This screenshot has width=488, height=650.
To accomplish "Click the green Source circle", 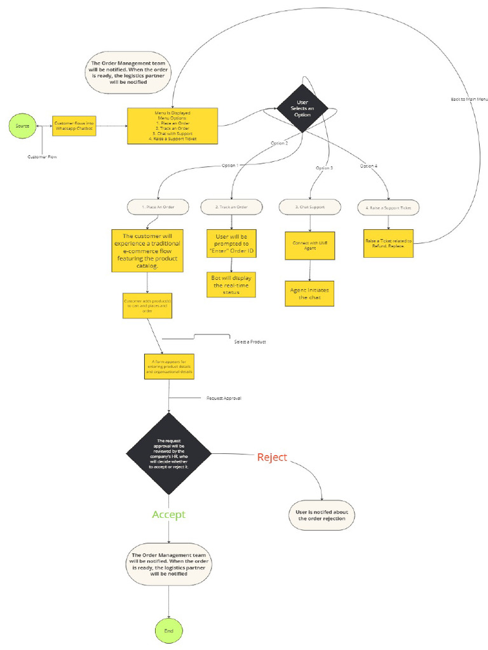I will [x=22, y=126].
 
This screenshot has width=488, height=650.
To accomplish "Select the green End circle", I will [x=168, y=631].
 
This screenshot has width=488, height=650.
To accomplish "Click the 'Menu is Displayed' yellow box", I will [x=172, y=126].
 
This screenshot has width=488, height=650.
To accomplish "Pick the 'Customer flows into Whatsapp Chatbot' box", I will [x=74, y=126].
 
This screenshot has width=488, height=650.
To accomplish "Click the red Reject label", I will [x=272, y=457].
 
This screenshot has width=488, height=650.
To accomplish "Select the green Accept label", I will [x=168, y=514].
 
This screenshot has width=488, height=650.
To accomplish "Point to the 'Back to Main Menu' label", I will [x=469, y=100].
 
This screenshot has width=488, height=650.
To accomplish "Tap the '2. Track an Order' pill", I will [x=232, y=207].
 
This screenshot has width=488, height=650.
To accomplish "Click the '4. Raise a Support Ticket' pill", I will [x=389, y=208].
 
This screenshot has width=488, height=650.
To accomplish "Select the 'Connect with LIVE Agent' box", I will [x=309, y=245].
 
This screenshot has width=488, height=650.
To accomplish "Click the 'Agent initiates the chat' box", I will [x=309, y=293].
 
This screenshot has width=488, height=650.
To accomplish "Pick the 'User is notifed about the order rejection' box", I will [x=322, y=515].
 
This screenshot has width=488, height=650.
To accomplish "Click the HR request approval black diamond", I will [x=168, y=453].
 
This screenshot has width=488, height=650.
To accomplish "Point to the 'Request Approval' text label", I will [x=224, y=399].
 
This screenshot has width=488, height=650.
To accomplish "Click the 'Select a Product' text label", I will [x=250, y=342].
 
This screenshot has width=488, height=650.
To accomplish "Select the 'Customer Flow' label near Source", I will [x=43, y=156].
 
